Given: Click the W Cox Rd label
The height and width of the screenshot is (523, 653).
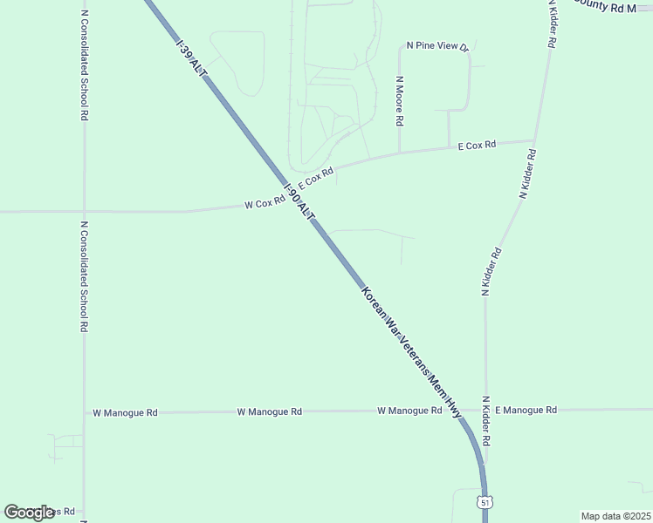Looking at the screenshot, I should (x=265, y=203).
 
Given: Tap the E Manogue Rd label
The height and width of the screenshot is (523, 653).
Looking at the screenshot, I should (x=526, y=409).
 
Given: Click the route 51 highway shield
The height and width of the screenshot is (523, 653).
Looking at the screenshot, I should (x=485, y=502).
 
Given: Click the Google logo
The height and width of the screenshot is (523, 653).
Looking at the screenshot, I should (x=30, y=513).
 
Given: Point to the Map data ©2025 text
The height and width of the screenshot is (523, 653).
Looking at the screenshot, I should (x=615, y=515).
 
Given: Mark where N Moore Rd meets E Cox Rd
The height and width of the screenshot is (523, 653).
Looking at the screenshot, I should (x=399, y=153).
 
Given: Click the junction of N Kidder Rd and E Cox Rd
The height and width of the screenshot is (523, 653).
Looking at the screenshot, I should (x=534, y=140).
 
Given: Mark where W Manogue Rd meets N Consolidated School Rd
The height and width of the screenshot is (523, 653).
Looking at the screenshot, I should (x=85, y=411).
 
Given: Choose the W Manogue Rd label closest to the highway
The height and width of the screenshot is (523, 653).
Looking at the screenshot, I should (x=409, y=410).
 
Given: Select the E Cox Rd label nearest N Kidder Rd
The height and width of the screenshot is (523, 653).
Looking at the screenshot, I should (x=478, y=145).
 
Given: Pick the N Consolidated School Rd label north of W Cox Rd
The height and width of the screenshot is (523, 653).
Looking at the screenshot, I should (x=84, y=65).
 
